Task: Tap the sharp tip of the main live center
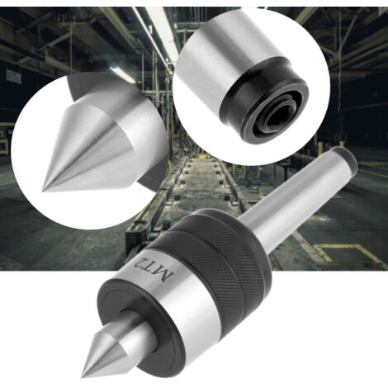point(82,376)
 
